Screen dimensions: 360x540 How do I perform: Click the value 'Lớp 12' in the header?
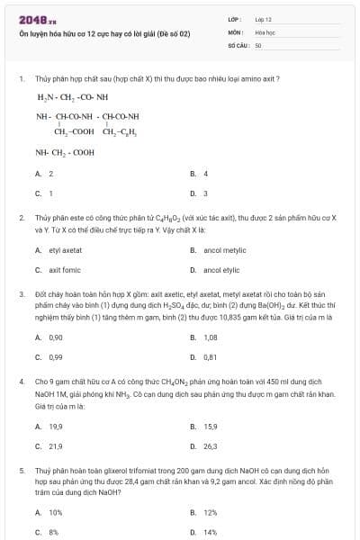pos(263,18)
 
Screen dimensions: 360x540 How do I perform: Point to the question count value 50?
pos(258,43)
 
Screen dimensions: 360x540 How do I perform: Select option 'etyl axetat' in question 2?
pos(66,250)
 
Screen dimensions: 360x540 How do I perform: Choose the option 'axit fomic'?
pos(65,270)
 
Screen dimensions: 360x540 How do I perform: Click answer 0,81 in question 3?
pos(211,356)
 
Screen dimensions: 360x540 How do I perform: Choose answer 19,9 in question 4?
pos(56,426)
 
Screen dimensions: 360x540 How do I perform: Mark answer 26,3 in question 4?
pos(211,445)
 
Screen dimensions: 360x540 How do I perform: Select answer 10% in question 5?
pos(55,512)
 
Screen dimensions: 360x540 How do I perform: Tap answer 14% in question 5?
pos(210,532)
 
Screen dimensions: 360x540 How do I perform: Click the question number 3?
pos(21,294)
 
